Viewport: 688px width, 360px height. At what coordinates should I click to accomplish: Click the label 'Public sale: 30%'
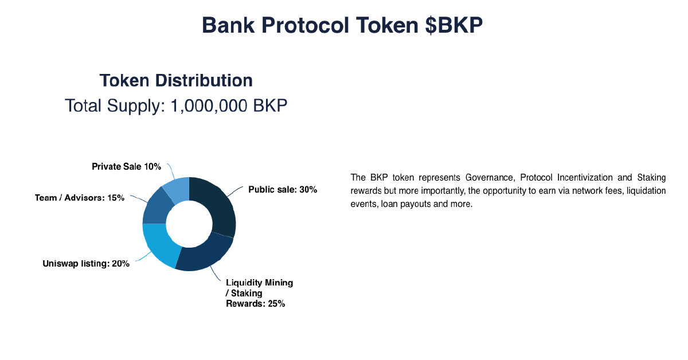tap(283, 190)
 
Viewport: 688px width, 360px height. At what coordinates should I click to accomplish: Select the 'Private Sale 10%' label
tap(127, 166)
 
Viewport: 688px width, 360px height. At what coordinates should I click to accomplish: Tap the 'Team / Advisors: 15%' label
tap(80, 198)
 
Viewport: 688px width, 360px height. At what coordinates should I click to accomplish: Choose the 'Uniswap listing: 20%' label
tap(86, 264)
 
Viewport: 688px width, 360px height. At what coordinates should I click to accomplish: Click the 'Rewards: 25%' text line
tap(256, 304)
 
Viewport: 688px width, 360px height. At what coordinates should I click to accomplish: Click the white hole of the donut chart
tap(189, 224)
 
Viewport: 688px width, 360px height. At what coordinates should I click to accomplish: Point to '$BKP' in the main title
tap(454, 25)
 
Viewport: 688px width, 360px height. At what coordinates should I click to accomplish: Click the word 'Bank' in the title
tap(228, 25)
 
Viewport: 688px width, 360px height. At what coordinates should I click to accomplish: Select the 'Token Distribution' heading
tap(176, 80)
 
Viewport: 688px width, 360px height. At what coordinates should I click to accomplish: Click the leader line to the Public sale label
tap(235, 191)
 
